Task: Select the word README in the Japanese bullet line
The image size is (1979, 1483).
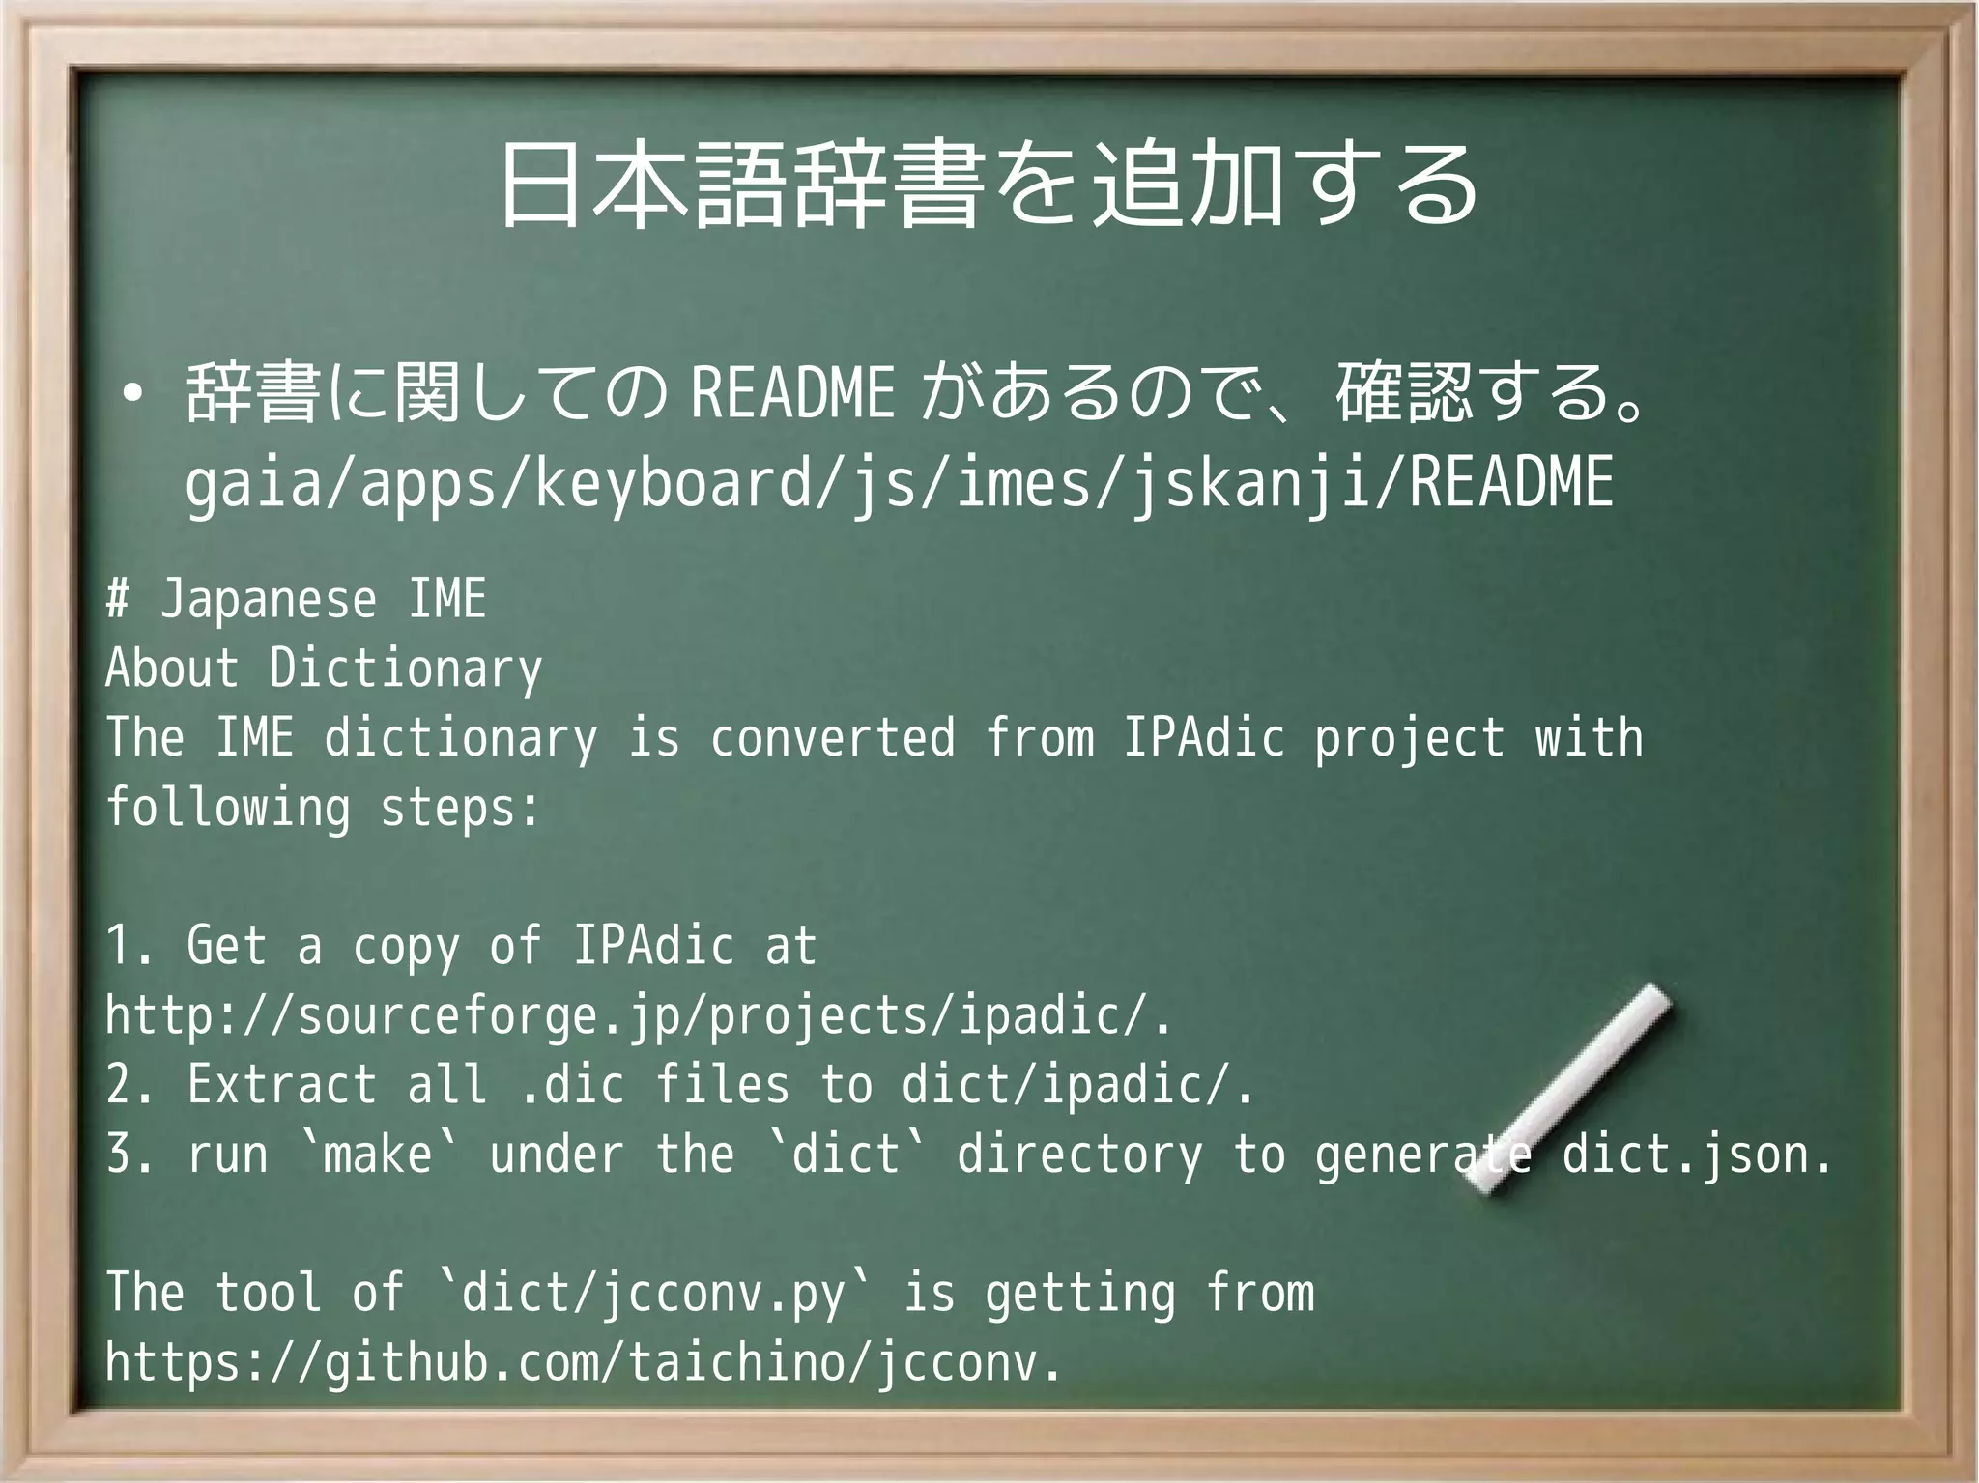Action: (793, 393)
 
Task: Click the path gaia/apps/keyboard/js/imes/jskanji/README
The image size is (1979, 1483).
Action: (899, 482)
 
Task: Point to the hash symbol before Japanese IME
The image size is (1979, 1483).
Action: (118, 599)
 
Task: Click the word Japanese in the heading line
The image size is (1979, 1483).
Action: (268, 600)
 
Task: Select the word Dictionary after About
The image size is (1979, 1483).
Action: (406, 669)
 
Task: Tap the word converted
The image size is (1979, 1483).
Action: (833, 738)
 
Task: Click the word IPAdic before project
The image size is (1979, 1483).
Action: (1203, 738)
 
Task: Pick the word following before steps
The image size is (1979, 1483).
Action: (228, 808)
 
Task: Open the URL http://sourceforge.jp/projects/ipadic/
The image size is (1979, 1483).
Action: (638, 1016)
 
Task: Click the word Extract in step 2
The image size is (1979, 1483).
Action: (281, 1085)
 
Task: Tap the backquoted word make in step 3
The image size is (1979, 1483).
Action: (378, 1155)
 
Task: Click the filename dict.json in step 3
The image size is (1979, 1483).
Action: (1697, 1155)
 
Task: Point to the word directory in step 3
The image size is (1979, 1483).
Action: (1080, 1155)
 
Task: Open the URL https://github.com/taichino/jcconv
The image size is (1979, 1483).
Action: (583, 1363)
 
